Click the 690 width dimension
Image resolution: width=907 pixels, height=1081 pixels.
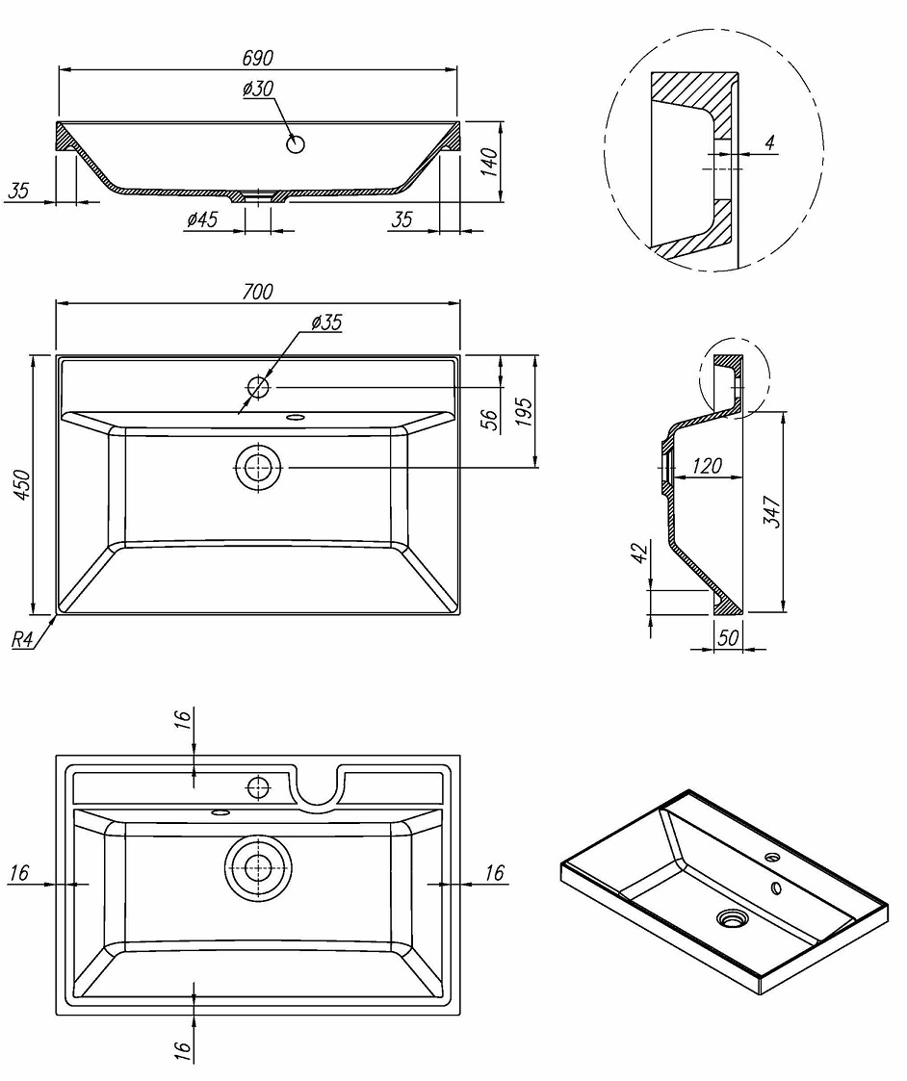coord(257,58)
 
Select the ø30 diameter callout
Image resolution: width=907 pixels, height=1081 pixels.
coord(259,90)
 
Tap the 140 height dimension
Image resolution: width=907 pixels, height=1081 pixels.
coord(489,160)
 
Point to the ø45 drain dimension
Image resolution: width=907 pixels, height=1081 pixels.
coord(202,220)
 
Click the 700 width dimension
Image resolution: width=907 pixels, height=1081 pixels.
coord(257,291)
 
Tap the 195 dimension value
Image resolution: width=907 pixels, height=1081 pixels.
coord(523,412)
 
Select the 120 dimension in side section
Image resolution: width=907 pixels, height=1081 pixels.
coord(706,467)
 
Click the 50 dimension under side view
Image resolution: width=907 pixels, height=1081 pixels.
coord(728,638)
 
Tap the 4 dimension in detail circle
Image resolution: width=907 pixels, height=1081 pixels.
coord(769,142)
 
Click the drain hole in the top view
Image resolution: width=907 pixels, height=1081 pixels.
coord(258,467)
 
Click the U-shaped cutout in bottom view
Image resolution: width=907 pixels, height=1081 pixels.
coord(320,789)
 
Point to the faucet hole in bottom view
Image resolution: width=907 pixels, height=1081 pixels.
coord(258,787)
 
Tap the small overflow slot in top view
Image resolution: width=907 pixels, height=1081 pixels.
coord(295,418)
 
